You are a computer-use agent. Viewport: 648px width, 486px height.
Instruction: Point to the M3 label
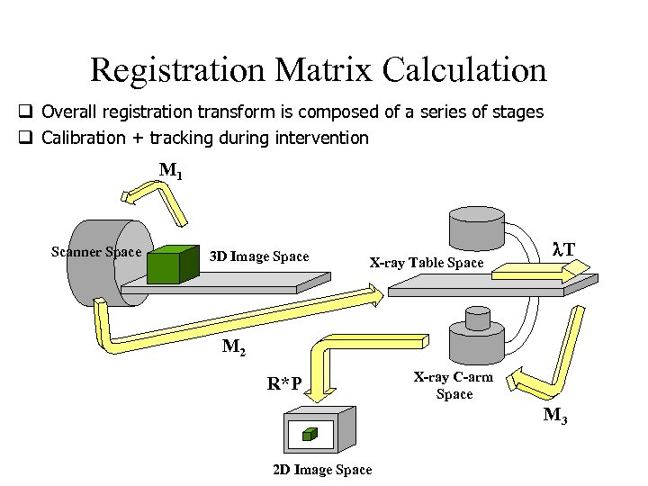(554, 416)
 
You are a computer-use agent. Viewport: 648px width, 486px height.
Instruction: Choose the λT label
(564, 247)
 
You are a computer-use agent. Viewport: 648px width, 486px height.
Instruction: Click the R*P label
(284, 385)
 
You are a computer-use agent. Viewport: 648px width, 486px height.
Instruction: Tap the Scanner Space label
(96, 251)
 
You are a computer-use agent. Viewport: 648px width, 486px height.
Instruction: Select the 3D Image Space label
(259, 256)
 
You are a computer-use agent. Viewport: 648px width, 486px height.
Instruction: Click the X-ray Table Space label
(427, 263)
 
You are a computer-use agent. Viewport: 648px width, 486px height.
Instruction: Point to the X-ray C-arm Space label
(454, 385)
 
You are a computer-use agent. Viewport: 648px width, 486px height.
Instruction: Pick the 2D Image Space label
(321, 470)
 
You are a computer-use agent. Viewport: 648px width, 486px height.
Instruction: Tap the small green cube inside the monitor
(309, 435)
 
